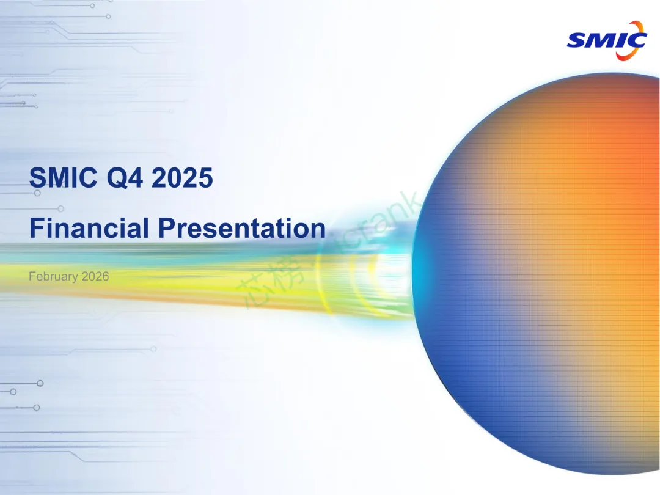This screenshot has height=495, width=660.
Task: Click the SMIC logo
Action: tap(607, 40)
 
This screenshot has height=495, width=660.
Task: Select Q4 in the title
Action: tap(125, 178)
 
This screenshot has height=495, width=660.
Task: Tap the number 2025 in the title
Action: tap(182, 177)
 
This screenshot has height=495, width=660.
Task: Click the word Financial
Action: tap(89, 228)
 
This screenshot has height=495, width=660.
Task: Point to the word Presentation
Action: tap(242, 228)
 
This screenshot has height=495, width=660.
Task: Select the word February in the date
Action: tap(53, 277)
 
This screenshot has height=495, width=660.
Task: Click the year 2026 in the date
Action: tap(95, 276)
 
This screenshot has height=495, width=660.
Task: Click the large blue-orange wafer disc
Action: tap(536, 274)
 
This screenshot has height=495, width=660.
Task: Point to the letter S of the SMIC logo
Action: tap(577, 41)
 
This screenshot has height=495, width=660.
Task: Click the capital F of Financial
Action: tap(36, 228)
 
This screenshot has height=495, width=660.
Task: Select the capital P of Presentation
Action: tap(166, 228)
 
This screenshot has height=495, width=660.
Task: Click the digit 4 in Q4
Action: tap(136, 177)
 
